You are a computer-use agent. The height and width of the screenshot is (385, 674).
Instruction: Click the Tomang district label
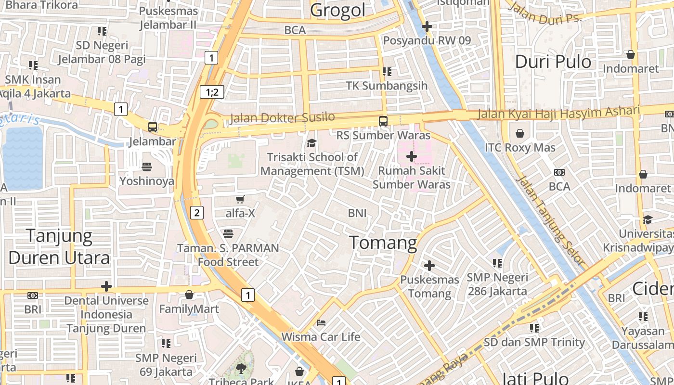pos(383,242)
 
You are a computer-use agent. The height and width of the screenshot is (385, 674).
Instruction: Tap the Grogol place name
pos(337,10)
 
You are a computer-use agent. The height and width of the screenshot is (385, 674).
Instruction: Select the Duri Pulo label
pos(553,62)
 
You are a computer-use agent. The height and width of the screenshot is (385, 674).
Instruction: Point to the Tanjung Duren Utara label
pos(59,247)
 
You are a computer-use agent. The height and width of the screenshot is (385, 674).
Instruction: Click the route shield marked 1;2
pos(212,91)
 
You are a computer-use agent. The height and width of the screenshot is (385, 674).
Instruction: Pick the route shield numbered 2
pos(196,212)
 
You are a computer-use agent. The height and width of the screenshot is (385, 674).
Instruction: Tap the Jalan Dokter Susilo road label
pos(282,117)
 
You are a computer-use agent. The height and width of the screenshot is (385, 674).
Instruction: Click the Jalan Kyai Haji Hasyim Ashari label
pos(558,113)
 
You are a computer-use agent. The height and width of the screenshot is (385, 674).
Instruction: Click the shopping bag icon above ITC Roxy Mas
pos(520,133)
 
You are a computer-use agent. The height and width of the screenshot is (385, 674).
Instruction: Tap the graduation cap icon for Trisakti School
pos(312,143)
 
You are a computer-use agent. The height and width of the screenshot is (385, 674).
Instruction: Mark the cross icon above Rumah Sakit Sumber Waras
pos(412,156)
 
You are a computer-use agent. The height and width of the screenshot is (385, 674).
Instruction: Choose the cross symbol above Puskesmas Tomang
pos(429,265)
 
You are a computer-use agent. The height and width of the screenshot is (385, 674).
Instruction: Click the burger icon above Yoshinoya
pos(147,167)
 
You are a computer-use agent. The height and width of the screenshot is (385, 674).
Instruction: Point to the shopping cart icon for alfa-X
pos(240,199)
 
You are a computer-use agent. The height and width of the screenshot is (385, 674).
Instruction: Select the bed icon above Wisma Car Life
pos(321,322)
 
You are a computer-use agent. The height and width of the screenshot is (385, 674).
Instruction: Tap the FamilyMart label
pos(189,309)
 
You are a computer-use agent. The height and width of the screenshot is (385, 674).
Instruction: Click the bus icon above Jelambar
pos(153,127)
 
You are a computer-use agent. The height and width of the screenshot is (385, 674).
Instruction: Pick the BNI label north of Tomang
pos(357,213)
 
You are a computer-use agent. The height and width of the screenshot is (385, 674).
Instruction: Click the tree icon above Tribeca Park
pos(241,369)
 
